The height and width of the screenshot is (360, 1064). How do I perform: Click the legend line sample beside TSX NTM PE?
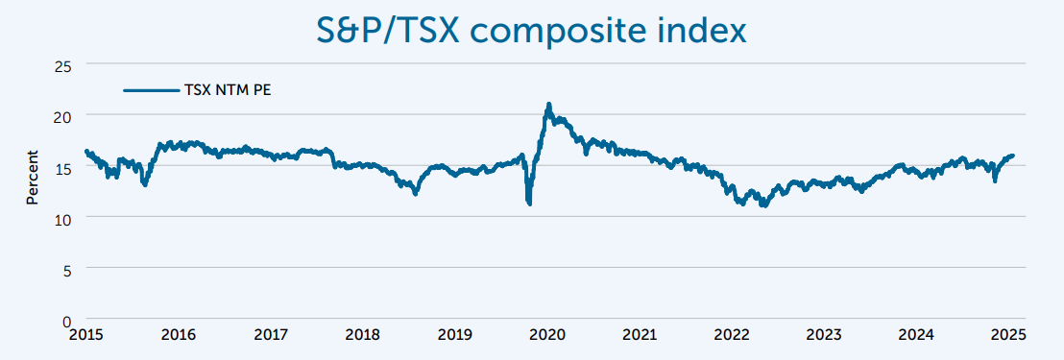[x=152, y=90]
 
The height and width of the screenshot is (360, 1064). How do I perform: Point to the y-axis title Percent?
[x=32, y=178]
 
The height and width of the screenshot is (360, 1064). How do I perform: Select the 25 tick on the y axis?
[x=65, y=64]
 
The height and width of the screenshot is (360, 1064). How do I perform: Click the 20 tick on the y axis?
[x=65, y=115]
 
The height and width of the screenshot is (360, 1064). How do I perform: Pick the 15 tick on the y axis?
[x=65, y=166]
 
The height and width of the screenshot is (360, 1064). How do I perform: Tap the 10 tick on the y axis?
[x=65, y=218]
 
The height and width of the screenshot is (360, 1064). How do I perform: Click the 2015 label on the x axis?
[x=86, y=335]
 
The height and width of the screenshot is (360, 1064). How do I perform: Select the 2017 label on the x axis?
[x=271, y=335]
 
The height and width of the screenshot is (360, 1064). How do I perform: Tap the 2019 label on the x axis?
[x=455, y=335]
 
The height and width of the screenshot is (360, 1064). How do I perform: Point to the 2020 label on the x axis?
[x=547, y=335]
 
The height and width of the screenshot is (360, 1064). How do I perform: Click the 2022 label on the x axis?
[x=732, y=335]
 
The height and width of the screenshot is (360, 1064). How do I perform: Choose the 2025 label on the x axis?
[x=1009, y=335]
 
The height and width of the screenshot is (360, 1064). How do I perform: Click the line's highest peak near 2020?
[x=548, y=104]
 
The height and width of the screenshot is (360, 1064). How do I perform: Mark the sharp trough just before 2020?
[x=529, y=203]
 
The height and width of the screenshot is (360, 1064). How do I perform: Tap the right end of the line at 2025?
[x=1012, y=156]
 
